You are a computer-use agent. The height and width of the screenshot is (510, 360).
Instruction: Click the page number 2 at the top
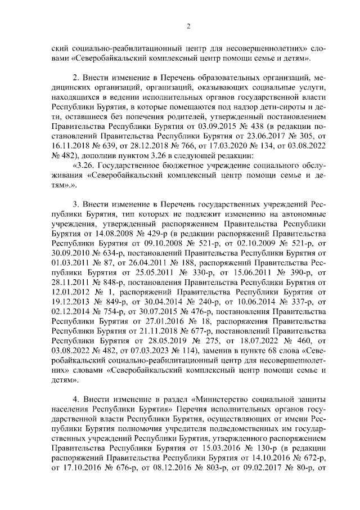coord(189,26)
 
